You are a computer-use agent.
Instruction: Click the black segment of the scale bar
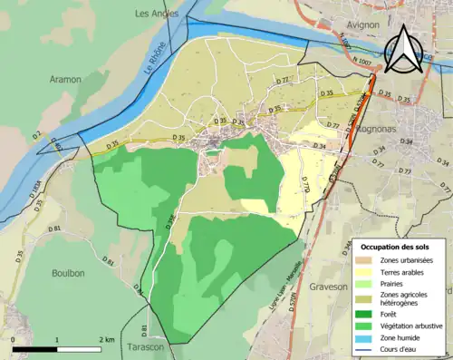36,349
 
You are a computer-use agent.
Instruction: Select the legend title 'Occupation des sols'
397,247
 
